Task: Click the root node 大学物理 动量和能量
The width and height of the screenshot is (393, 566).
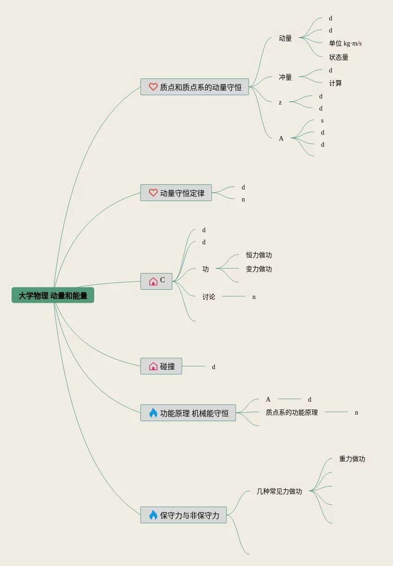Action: point(53,295)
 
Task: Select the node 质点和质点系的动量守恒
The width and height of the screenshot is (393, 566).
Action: point(194,87)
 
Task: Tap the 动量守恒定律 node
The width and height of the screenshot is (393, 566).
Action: point(176,193)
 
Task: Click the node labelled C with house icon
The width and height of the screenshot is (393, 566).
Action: point(156,281)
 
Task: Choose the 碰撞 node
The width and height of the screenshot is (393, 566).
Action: point(161,366)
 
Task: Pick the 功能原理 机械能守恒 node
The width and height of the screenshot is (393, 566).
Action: point(188,413)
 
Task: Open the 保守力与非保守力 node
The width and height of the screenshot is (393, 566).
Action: point(183,515)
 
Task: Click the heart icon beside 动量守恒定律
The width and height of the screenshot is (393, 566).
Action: point(153,193)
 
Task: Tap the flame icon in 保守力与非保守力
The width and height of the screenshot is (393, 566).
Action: point(153,515)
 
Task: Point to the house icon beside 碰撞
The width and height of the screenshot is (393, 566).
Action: point(153,366)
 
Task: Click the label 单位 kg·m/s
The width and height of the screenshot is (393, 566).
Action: point(345,43)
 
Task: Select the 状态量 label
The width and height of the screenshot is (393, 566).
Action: point(339,57)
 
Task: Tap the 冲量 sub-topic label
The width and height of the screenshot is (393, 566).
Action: point(285,77)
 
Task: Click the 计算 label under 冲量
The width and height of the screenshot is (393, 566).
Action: point(335,83)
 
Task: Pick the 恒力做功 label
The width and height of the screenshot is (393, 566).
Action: point(259,255)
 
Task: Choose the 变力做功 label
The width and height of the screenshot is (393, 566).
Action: point(259,269)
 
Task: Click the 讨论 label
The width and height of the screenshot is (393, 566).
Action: point(209,297)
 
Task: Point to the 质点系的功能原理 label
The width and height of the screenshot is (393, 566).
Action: point(292,412)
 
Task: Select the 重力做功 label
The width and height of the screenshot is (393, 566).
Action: point(352,459)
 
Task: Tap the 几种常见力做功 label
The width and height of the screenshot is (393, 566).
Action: point(279,491)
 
